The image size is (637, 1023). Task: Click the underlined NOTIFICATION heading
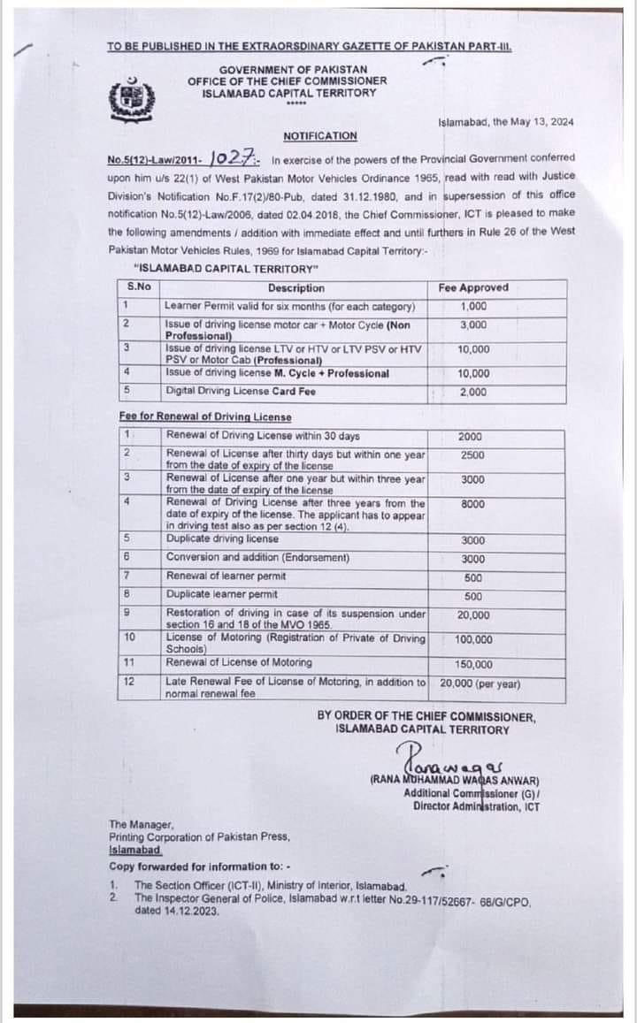(x=320, y=136)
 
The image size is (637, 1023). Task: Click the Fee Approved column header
(x=473, y=288)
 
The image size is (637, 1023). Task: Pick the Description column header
(x=296, y=288)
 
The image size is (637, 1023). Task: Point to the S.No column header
(x=139, y=287)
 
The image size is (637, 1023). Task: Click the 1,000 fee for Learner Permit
(x=473, y=307)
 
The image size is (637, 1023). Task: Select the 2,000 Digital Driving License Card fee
(x=473, y=391)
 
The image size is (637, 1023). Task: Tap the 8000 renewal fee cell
(x=471, y=503)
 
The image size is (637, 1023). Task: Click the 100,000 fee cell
(x=474, y=639)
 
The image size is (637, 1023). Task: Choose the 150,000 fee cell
(x=474, y=665)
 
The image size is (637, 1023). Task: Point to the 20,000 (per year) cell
(x=480, y=683)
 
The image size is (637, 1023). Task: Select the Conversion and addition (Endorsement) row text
(x=257, y=558)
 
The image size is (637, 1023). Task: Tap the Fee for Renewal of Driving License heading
(x=204, y=416)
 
